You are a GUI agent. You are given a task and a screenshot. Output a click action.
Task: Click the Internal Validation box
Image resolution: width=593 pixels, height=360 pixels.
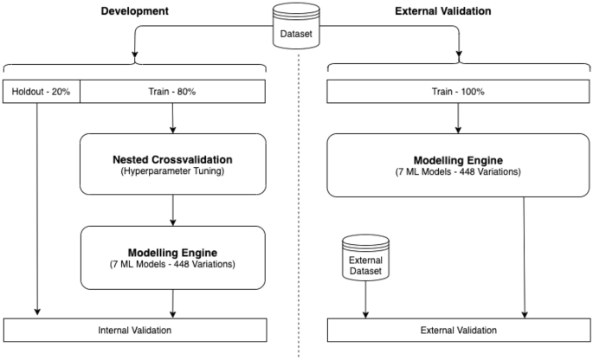click(135, 330)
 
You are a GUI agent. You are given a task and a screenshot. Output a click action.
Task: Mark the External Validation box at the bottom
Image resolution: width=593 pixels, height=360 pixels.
click(458, 330)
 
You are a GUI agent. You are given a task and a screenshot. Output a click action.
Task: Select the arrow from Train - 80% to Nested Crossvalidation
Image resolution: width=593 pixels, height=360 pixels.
click(174, 118)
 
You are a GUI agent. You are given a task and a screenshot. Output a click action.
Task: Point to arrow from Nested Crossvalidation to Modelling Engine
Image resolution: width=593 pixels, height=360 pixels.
click(174, 209)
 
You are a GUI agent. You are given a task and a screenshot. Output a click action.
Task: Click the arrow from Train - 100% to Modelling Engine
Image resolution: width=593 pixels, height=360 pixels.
click(458, 118)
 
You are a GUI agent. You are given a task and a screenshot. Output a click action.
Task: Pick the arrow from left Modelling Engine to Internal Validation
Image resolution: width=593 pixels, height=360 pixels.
click(174, 303)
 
